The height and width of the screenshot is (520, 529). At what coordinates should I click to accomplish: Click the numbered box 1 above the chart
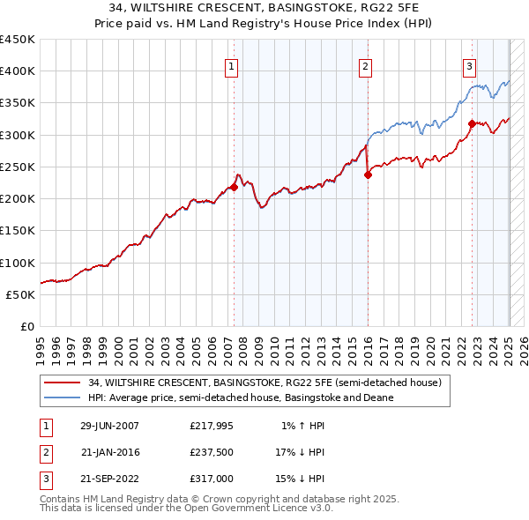point(231,65)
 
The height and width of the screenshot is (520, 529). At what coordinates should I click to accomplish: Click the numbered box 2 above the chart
point(365,65)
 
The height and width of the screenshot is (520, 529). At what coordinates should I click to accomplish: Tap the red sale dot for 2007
point(235,187)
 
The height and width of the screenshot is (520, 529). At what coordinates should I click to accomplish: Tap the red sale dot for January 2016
point(368,175)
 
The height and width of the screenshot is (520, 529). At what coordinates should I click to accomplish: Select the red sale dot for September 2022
point(472,123)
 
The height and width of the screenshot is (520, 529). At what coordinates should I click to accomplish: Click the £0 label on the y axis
point(27,326)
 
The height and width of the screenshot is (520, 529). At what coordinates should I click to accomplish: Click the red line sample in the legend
point(62,383)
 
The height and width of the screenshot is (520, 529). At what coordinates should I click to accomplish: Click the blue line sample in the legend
point(62,397)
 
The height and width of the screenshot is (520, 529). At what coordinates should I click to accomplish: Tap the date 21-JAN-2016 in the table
point(109,452)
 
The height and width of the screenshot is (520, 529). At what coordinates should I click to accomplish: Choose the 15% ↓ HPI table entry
point(300,479)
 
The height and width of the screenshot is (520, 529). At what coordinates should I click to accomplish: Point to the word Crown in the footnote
point(215,499)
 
